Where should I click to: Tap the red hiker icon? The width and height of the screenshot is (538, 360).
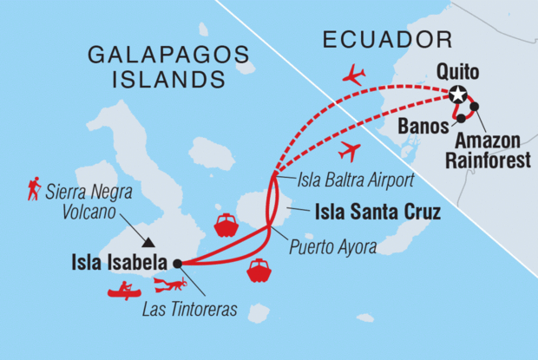(x=34, y=188)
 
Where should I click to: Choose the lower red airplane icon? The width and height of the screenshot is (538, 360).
(x=350, y=152)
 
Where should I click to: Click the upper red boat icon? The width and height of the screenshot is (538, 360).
(x=226, y=225)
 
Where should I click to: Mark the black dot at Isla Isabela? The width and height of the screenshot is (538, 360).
(x=177, y=263)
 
